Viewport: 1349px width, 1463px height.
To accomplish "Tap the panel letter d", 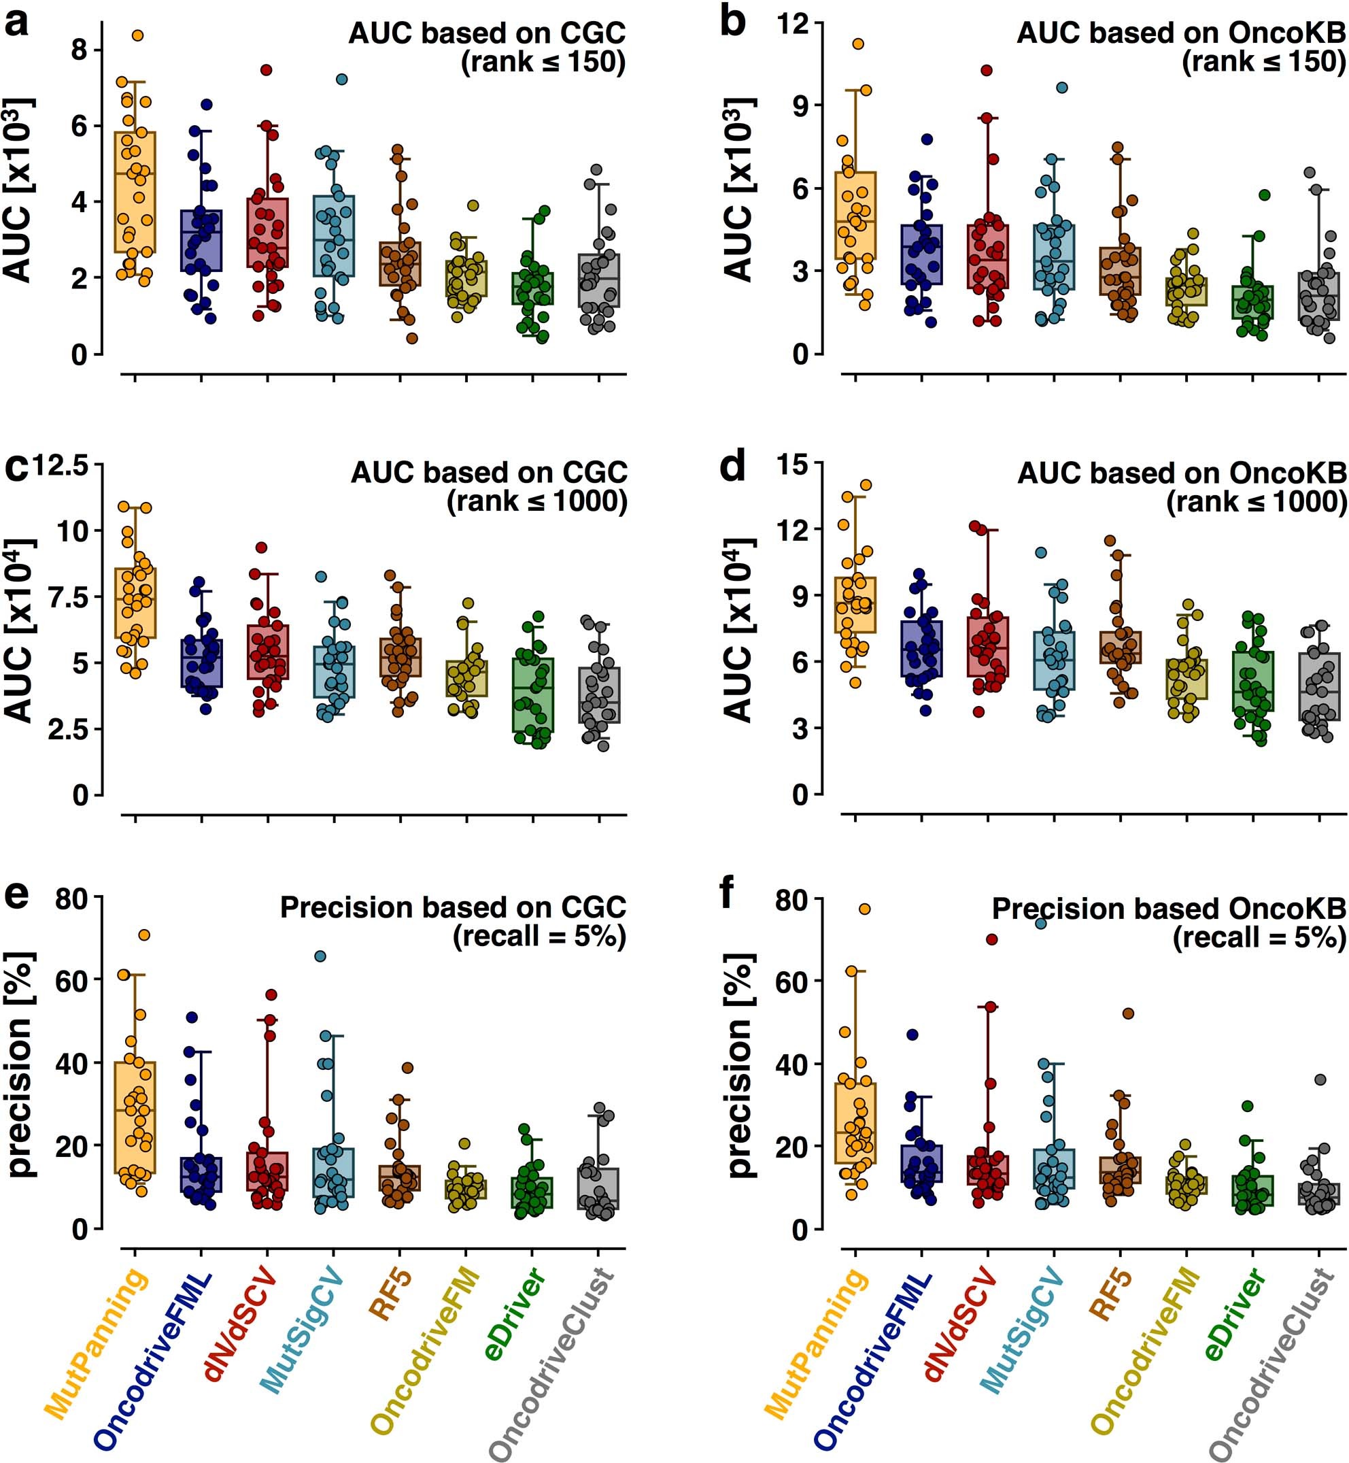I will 732,466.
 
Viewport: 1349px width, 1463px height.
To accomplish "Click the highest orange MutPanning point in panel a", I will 137,35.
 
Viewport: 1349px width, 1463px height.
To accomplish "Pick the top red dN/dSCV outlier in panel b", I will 986,70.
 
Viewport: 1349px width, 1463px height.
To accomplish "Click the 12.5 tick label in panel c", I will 59,466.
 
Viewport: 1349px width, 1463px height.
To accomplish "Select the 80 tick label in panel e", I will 71,900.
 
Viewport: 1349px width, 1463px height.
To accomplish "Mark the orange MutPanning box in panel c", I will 136,603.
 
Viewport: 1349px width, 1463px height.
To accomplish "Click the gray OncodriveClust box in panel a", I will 599,280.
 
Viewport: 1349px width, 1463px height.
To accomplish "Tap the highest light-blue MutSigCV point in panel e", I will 320,956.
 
